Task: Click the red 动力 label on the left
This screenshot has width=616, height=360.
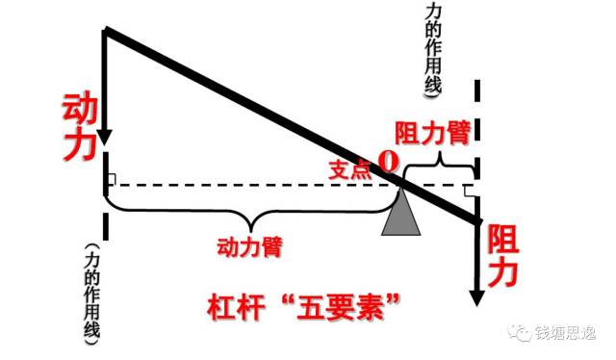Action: tap(79, 125)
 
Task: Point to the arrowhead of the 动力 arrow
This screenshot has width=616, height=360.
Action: tap(105, 134)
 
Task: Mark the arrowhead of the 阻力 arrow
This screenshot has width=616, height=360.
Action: tap(475, 295)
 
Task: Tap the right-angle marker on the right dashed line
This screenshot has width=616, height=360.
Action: tap(470, 190)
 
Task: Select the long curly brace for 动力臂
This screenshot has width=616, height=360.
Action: tap(250, 204)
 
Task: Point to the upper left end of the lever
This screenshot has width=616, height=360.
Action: tap(108, 34)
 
